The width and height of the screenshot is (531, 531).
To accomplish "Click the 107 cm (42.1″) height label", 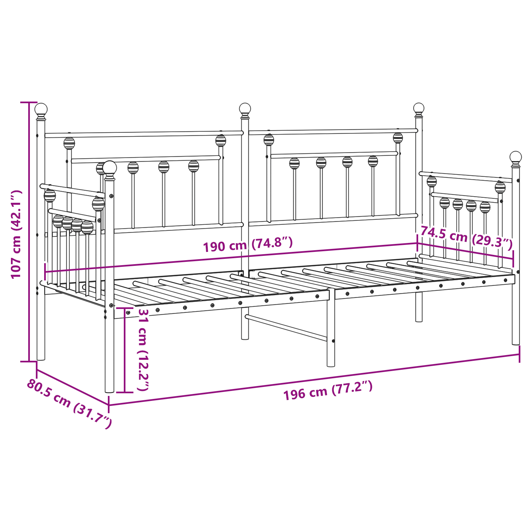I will [x=16, y=234].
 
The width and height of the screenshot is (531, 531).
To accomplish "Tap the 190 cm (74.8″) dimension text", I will [x=248, y=245].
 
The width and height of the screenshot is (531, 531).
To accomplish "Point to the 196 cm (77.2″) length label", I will [x=328, y=390].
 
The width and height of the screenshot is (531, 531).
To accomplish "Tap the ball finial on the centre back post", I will [x=245, y=108].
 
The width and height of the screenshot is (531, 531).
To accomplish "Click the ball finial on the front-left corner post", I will [x=110, y=168].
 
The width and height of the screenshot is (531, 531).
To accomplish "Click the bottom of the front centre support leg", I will [x=331, y=364].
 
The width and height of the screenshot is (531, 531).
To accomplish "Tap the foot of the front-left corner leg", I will [x=110, y=390].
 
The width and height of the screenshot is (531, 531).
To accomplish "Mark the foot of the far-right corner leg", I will [x=515, y=342].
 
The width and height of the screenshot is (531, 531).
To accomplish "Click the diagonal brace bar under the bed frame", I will [x=286, y=328].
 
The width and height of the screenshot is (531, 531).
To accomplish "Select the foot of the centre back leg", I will [x=245, y=337].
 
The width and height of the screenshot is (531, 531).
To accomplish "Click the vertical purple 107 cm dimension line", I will [x=29, y=232].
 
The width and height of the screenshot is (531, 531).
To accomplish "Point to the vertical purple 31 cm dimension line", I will [x=125, y=350].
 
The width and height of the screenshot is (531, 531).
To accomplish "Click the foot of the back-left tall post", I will [x=41, y=358].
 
